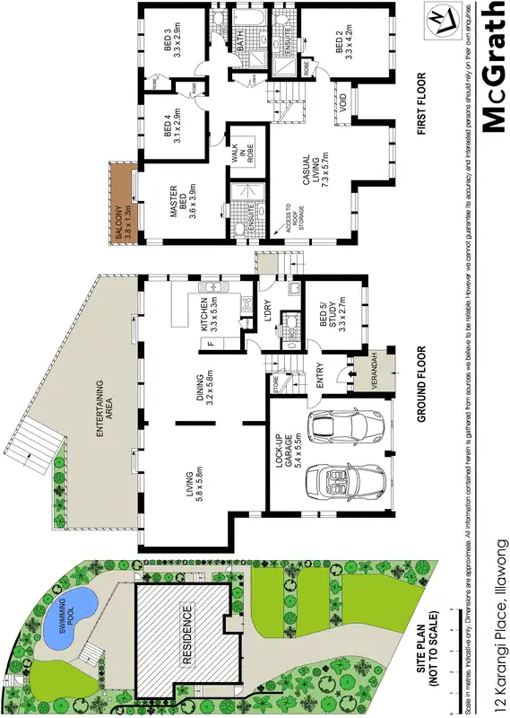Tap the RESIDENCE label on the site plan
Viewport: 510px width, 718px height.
click(x=187, y=632)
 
